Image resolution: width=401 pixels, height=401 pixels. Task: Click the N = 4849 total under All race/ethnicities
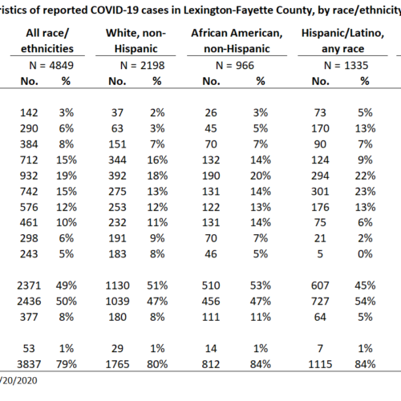51,66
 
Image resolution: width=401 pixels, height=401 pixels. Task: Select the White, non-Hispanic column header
136,41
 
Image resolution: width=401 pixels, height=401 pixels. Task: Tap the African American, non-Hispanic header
237,41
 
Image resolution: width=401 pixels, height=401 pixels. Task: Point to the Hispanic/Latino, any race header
342,41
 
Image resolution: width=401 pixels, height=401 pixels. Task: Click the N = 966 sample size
235,66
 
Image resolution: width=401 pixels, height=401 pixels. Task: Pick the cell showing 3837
29,364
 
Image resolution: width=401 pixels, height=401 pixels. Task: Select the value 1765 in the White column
117,364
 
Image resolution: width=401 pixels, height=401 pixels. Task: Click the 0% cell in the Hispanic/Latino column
365,254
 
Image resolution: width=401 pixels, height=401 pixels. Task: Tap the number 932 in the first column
29,176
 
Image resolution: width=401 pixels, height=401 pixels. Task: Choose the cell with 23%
365,192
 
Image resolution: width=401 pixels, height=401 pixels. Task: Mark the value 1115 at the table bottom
320,364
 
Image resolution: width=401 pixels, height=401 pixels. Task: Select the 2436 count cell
29,302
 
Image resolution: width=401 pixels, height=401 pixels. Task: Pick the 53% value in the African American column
261,286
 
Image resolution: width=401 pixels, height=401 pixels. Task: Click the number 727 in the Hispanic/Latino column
320,302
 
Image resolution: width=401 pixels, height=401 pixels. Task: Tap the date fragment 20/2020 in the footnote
20,380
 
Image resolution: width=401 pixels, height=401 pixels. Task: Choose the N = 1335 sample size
346,66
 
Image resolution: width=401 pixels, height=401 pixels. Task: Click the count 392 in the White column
117,176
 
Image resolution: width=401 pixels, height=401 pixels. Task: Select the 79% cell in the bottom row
67,364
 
